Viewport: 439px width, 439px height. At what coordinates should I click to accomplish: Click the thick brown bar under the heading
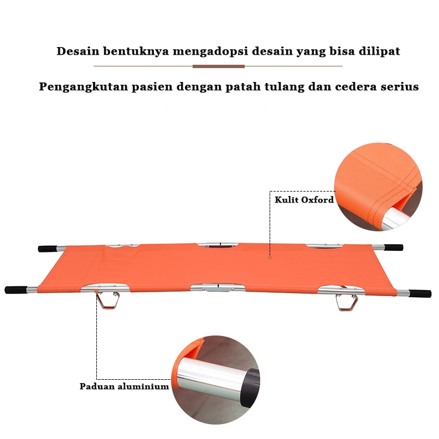218,66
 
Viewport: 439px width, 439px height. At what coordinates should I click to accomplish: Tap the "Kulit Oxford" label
304,200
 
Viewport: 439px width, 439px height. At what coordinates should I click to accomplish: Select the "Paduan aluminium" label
124,386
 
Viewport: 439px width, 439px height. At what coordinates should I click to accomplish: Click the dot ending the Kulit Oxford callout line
270,257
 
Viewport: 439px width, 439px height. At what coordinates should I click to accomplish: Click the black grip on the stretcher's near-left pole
16,290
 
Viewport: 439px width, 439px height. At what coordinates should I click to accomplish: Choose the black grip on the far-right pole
394,247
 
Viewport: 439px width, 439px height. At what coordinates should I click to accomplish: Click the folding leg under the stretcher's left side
108,302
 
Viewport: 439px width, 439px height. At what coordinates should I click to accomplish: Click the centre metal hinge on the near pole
217,288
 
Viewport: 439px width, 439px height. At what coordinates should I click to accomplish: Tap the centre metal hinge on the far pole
219,244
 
